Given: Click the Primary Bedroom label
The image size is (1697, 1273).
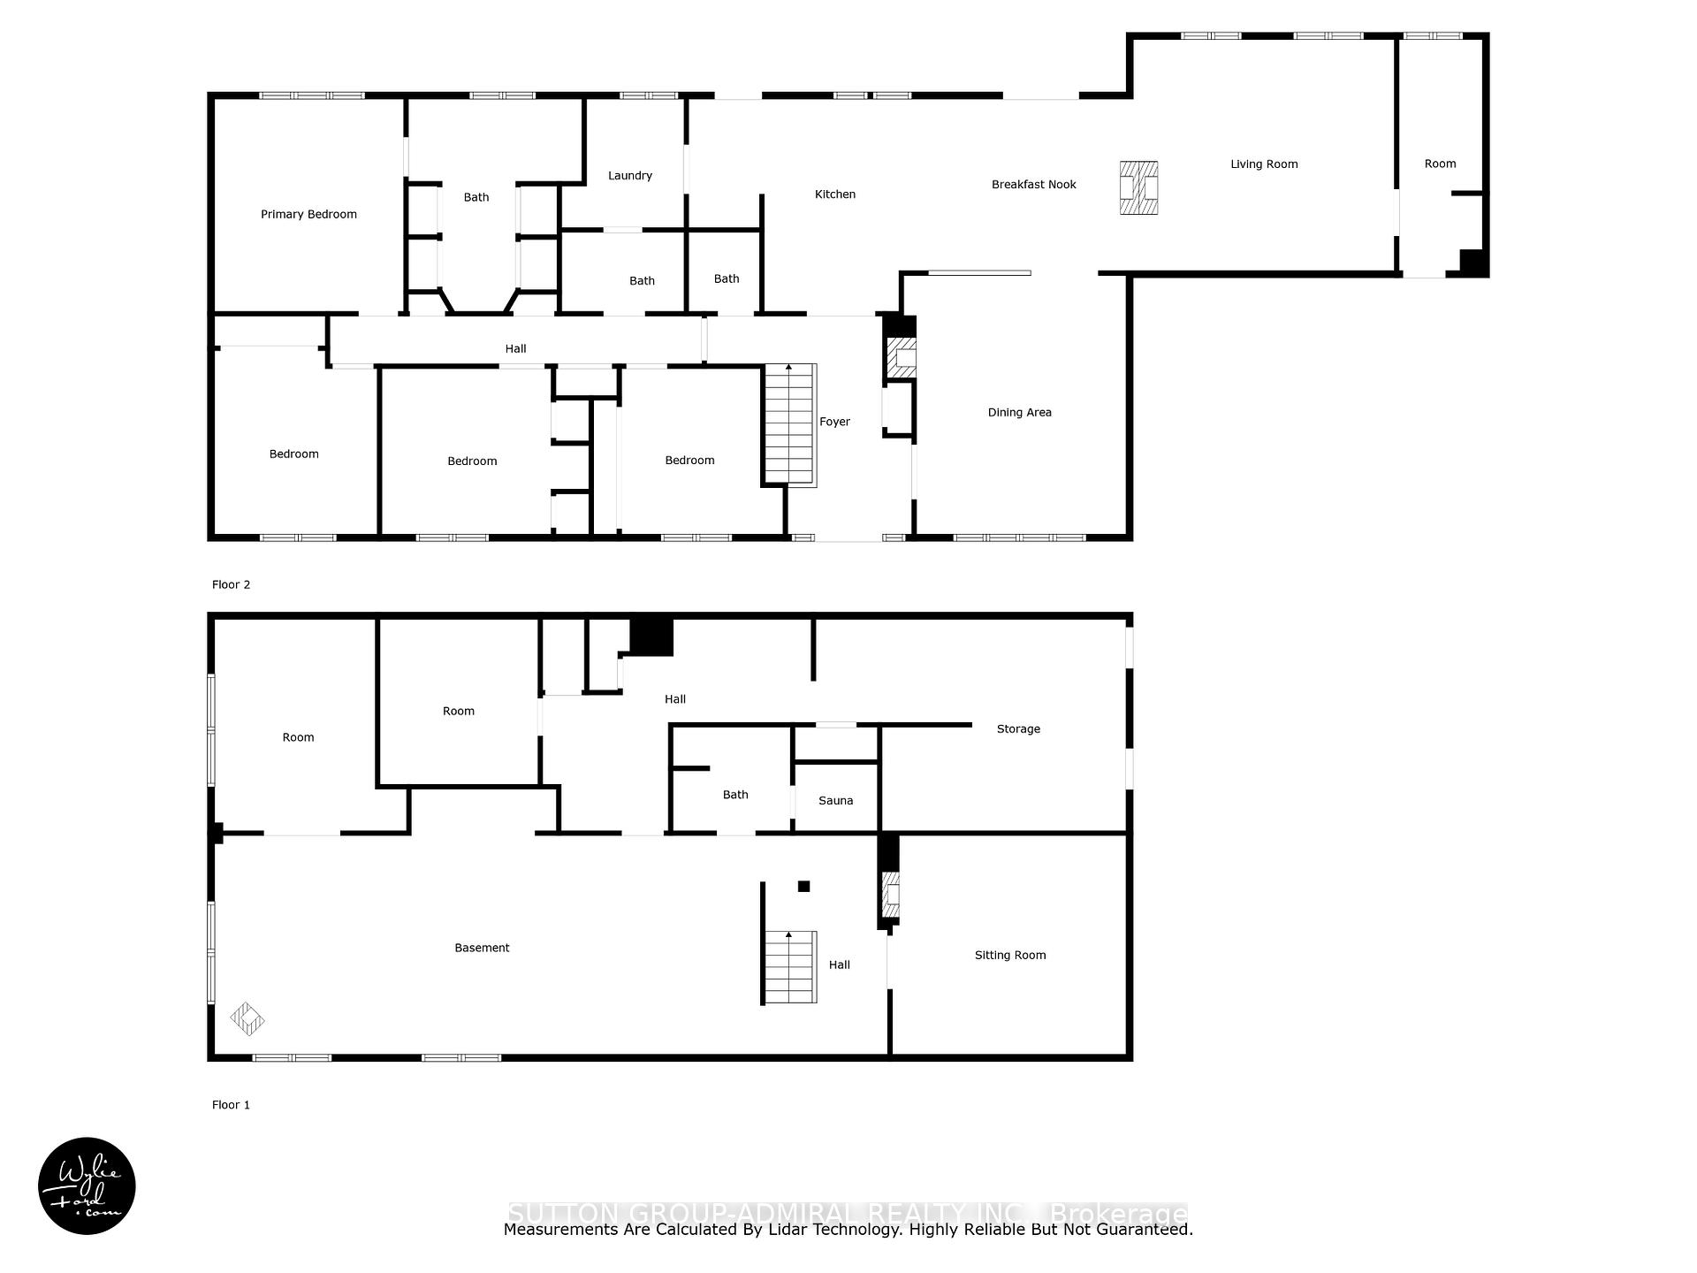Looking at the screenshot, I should point(308,214).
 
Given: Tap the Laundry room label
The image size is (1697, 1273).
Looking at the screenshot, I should point(630,176).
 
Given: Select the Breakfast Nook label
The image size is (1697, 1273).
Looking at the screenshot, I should point(1033,185).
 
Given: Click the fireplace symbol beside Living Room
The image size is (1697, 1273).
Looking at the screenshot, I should point(1138,187).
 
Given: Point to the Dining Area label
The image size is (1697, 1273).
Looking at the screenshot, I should point(1019,413).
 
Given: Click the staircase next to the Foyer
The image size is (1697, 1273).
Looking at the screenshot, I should point(789,424).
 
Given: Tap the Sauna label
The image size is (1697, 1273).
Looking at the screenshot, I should point(835,801).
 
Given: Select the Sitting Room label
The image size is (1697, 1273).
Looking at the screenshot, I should point(1009,956).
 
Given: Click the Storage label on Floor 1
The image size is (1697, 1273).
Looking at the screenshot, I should point(1018,729).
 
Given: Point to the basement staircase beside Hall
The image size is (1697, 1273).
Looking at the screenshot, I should point(789,967).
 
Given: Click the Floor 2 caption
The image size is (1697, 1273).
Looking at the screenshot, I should point(231,585).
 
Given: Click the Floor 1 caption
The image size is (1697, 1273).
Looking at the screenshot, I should point(231,1105).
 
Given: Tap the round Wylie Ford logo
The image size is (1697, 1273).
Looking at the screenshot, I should point(87,1186).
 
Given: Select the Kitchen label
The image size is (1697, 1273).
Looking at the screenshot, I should point(834,194).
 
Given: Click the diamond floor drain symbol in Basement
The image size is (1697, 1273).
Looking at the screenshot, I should point(247,1019).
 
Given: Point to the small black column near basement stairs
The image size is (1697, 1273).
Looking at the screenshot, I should point(803,887).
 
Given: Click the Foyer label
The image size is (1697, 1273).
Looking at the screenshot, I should point(834,423).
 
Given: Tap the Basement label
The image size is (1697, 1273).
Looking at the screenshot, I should point(482,949).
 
